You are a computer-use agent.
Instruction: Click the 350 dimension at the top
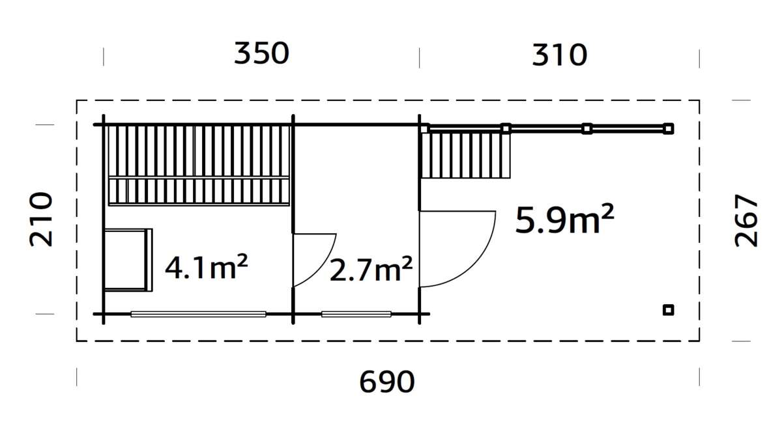click(x=261, y=54)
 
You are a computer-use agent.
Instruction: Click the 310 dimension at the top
click(x=560, y=55)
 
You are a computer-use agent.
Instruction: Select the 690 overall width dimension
click(x=387, y=382)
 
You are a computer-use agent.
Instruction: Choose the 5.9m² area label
click(x=564, y=220)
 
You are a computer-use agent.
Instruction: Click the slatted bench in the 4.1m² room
click(x=197, y=165)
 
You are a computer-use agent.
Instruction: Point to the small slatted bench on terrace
click(x=465, y=154)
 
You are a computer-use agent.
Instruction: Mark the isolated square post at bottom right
click(x=668, y=310)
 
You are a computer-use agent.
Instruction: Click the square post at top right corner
click(x=668, y=128)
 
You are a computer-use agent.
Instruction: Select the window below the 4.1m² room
click(x=198, y=314)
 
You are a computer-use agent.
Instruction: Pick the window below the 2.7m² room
click(x=356, y=314)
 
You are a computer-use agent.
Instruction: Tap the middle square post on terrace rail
click(x=586, y=128)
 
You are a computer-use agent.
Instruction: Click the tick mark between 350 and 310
click(x=419, y=57)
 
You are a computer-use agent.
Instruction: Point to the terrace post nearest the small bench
click(x=506, y=128)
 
